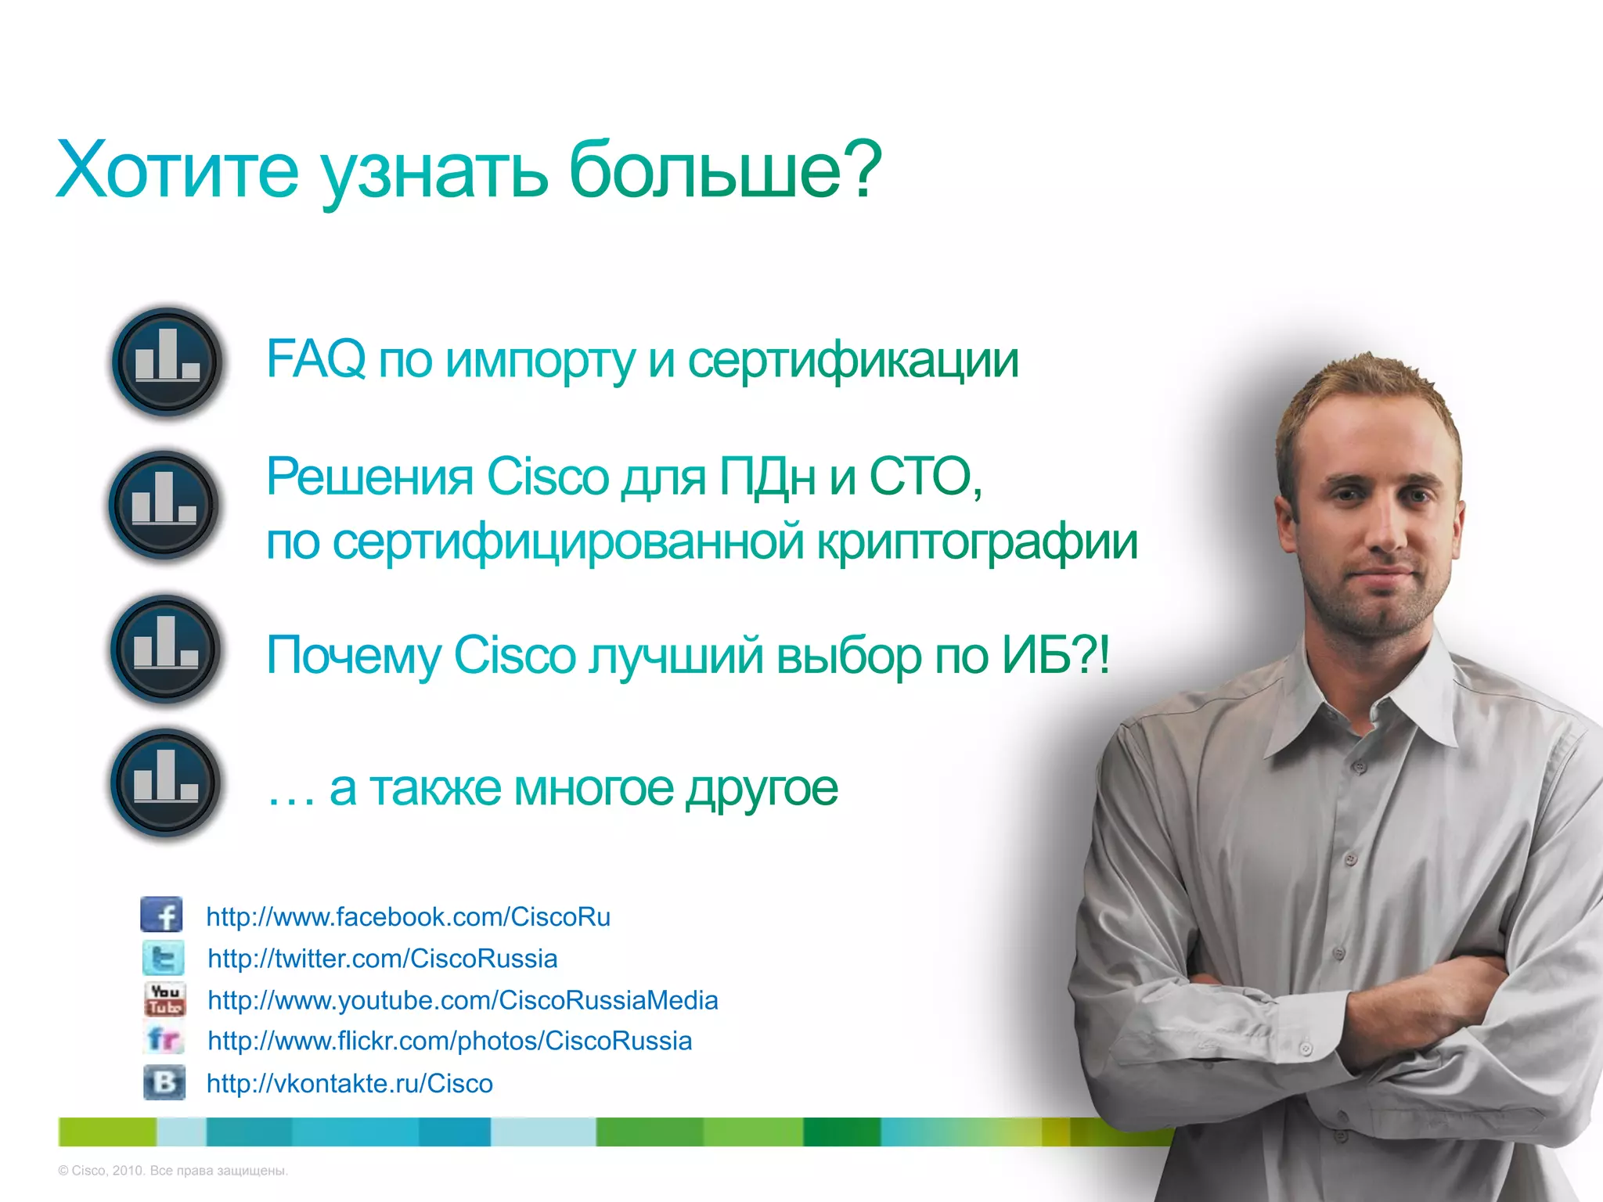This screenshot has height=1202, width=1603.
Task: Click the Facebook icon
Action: click(x=162, y=915)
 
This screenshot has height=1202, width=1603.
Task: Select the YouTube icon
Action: click(x=165, y=999)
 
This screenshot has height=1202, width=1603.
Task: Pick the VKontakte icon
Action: click(x=164, y=1082)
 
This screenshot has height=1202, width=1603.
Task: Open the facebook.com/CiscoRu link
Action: click(x=408, y=916)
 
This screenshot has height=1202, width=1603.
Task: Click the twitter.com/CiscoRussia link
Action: click(x=382, y=959)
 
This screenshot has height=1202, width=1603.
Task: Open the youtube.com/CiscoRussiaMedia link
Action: click(x=463, y=1000)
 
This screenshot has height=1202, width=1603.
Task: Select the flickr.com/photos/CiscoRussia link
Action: click(x=449, y=1042)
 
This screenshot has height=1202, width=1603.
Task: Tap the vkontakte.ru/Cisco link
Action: click(x=349, y=1084)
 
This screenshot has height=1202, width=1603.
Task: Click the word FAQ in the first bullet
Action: click(x=315, y=359)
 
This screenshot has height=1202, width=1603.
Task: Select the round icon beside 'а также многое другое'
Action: click(x=165, y=783)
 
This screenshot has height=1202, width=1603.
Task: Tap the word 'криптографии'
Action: click(x=977, y=542)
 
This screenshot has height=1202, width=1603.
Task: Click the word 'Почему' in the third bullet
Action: click(x=354, y=655)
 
